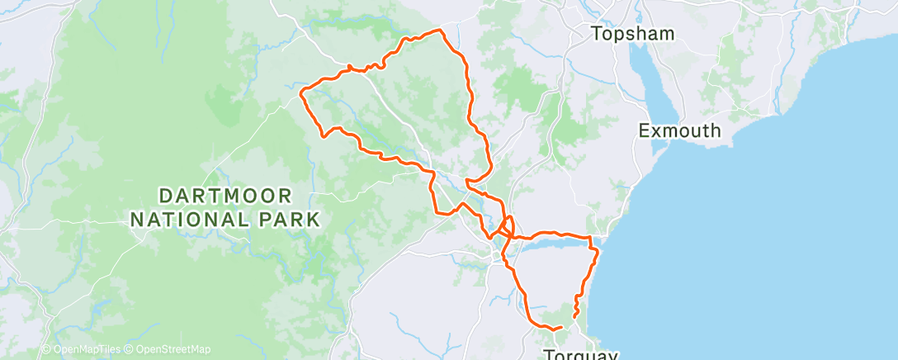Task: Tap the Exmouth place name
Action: (680, 130)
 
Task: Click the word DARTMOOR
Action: (224, 197)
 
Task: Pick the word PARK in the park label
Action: (291, 220)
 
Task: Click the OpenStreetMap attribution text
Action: (173, 350)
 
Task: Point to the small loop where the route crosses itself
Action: (506, 226)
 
